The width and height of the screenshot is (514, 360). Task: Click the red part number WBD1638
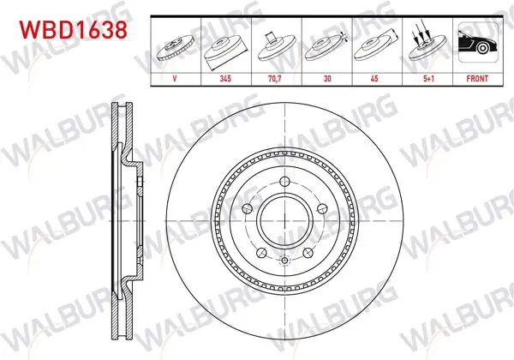pyautogui.click(x=73, y=30)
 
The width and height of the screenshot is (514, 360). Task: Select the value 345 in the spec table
pyautogui.click(x=225, y=79)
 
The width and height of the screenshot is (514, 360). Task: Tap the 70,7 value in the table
pyautogui.click(x=275, y=79)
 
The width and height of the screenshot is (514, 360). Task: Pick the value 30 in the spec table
pyautogui.click(x=327, y=79)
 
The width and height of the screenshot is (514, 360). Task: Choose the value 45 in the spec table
pyautogui.click(x=374, y=79)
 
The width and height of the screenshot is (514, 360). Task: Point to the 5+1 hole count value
pyautogui.click(x=429, y=79)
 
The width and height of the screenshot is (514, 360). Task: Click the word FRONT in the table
pyautogui.click(x=477, y=79)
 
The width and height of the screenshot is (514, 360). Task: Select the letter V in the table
pyautogui.click(x=175, y=79)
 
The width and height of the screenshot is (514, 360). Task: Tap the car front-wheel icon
pyautogui.click(x=478, y=42)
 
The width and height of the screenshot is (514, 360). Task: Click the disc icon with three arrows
pyautogui.click(x=427, y=44)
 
